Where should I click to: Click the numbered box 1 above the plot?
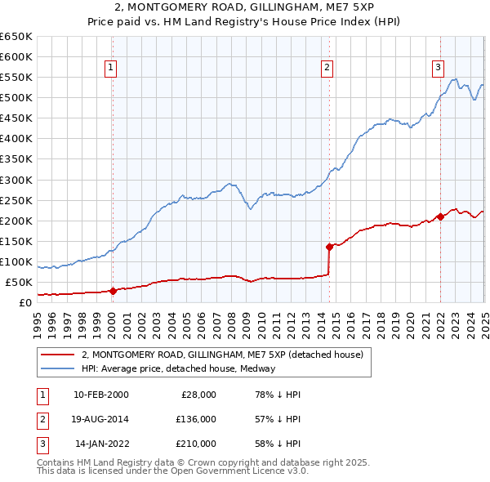point(109,68)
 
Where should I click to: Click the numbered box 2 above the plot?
point(327,68)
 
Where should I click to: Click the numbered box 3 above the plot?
point(438,68)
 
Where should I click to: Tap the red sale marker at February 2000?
point(113,291)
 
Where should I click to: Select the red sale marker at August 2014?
point(329,246)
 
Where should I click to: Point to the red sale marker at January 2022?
point(440,216)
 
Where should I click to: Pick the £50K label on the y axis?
point(20,282)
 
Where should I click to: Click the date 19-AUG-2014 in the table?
point(101,419)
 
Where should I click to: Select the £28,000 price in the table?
point(198,395)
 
